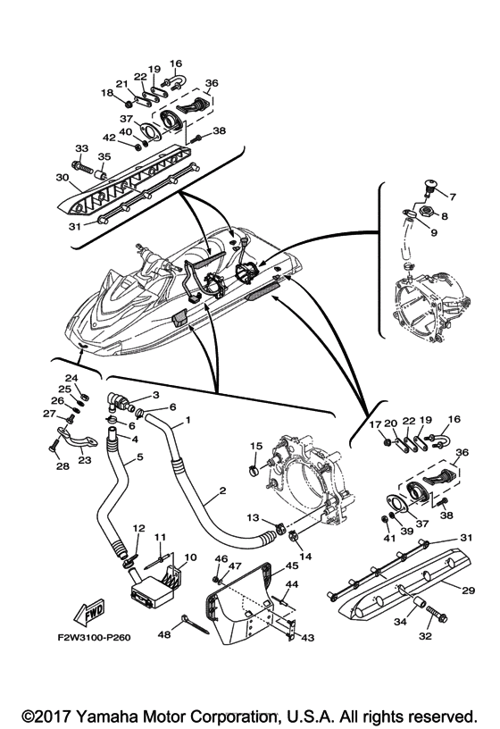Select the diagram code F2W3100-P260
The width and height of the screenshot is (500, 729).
pos(94,638)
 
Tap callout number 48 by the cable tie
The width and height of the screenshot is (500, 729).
pos(164,634)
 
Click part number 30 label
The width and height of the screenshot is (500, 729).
pos(62,177)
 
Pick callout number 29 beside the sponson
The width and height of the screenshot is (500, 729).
pos(469,590)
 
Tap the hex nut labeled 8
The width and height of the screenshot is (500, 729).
pos(425,213)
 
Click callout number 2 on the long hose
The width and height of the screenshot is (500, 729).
pos(222,491)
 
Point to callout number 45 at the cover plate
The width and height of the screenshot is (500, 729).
pos(291,566)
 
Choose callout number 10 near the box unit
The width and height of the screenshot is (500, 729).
pos(190,557)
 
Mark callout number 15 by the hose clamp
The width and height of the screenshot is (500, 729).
pos(256,446)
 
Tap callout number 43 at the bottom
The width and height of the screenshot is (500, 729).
pos(308,637)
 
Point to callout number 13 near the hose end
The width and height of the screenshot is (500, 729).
pos(253,518)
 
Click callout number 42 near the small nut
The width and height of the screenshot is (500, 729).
pos(109,138)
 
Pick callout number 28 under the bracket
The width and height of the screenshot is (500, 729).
pos(62,465)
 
